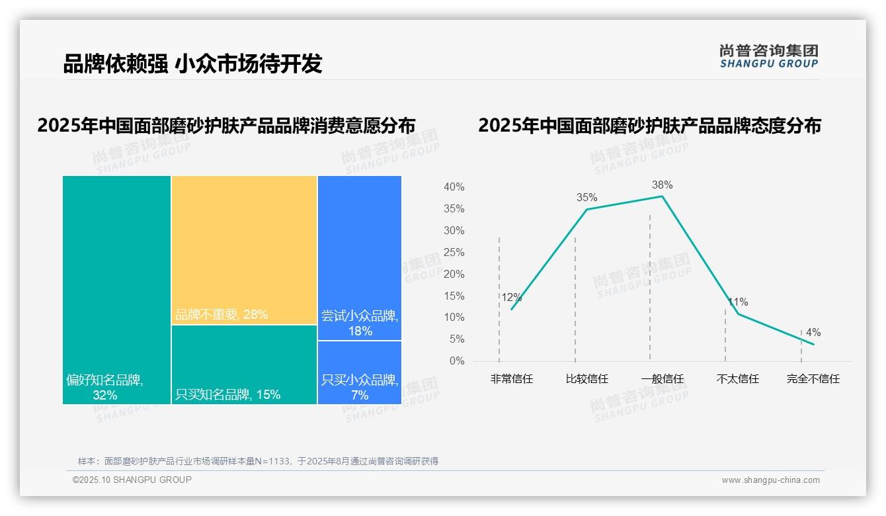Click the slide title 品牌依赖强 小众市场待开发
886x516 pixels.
(x=192, y=64)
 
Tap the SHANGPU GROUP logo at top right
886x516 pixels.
(x=768, y=56)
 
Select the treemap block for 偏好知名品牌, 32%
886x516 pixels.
(x=116, y=289)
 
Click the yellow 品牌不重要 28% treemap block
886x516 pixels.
(x=244, y=250)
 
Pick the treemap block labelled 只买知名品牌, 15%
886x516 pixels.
(x=244, y=365)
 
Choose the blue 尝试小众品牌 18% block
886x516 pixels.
(x=360, y=258)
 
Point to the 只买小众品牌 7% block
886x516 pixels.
(x=360, y=372)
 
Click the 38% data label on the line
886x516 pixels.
(x=662, y=185)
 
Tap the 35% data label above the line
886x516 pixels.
(x=586, y=197)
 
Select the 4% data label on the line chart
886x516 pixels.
(x=813, y=332)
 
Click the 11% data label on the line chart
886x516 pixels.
(x=738, y=302)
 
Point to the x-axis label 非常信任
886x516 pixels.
(x=511, y=379)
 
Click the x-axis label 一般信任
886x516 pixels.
(x=662, y=379)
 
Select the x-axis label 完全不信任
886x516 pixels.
(x=813, y=379)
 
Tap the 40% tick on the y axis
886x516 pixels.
(x=454, y=187)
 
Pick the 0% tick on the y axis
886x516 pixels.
(x=457, y=361)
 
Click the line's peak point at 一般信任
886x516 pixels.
(x=662, y=196)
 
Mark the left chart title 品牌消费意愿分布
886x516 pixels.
(x=226, y=126)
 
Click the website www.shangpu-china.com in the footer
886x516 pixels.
(x=770, y=480)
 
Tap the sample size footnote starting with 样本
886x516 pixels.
(x=258, y=461)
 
